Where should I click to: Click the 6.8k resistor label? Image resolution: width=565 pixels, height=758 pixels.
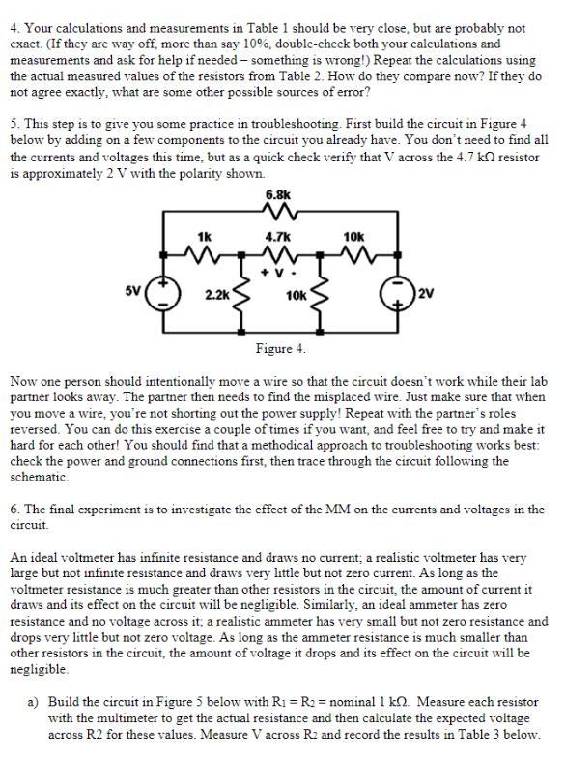(280, 192)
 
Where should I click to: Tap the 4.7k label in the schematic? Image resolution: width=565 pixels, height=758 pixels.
(280, 236)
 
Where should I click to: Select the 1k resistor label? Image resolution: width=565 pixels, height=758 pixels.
(205, 236)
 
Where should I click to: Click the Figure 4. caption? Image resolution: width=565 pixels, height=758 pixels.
(280, 348)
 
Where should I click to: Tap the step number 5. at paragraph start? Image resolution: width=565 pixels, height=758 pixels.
(14, 128)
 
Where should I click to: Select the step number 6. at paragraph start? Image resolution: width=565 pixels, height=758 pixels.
(14, 509)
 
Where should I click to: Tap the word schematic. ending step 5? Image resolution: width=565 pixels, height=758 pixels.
(38, 477)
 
